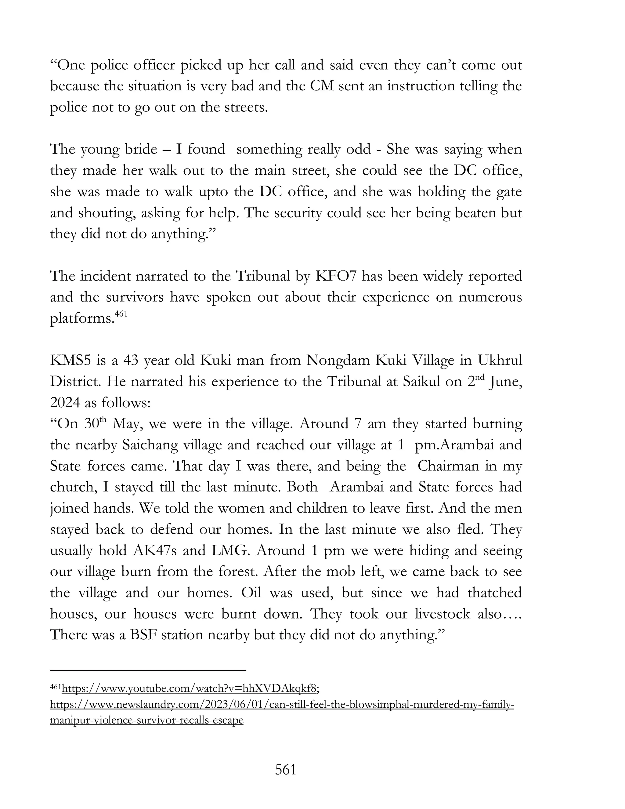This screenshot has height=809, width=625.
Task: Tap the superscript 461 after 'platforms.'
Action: tap(121, 314)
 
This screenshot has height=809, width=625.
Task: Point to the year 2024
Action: tap(65, 403)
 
